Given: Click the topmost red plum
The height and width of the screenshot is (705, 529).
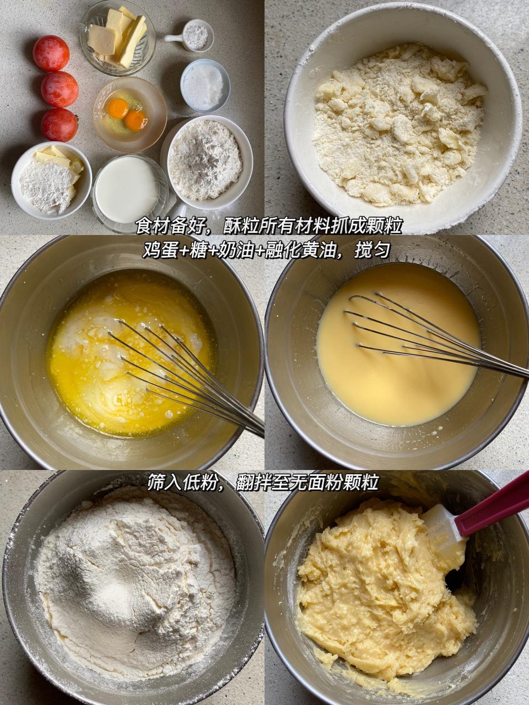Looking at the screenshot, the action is coord(51,53).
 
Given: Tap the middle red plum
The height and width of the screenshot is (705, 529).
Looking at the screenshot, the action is coord(60,90).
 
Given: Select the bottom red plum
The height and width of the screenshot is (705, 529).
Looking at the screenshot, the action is coord(60,125).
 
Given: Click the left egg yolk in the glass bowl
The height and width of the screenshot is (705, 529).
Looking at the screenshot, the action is coord(118,109).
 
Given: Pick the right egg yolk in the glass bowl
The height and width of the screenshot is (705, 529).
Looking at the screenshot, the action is coord(136,120).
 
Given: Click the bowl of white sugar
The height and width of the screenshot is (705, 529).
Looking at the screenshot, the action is coord(205,85).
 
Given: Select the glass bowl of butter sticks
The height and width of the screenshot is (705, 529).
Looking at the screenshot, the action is coord(117,37).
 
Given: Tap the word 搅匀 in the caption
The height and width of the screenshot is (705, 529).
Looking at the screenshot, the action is coord(372,251).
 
